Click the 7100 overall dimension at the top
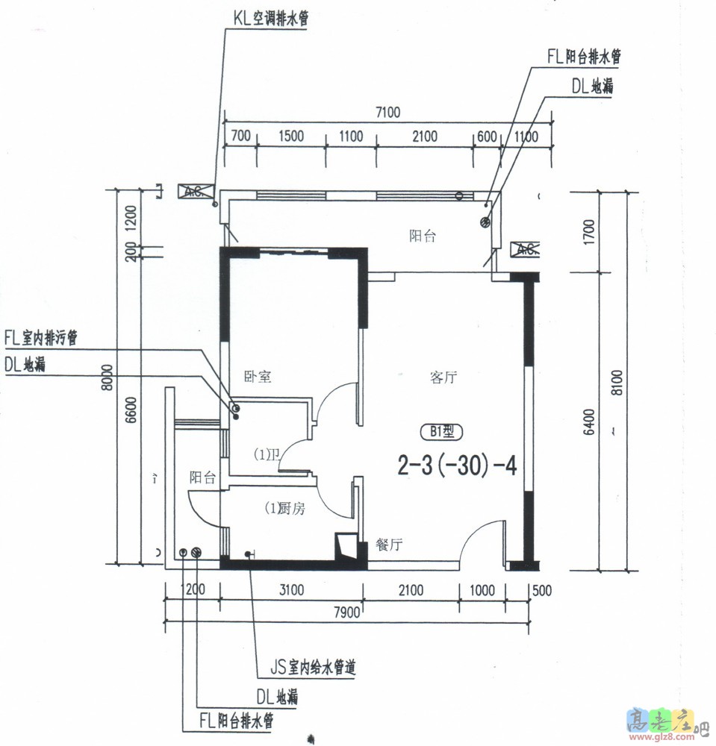coord(388,113)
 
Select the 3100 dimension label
coord(291,591)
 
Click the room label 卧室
coord(258,377)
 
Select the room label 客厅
coord(443,377)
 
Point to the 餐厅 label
coord(389,545)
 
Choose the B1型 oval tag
coord(442,431)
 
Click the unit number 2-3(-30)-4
coord(457,466)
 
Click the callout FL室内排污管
coord(41,339)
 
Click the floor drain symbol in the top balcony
coord(484,222)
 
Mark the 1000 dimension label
coord(482,591)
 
